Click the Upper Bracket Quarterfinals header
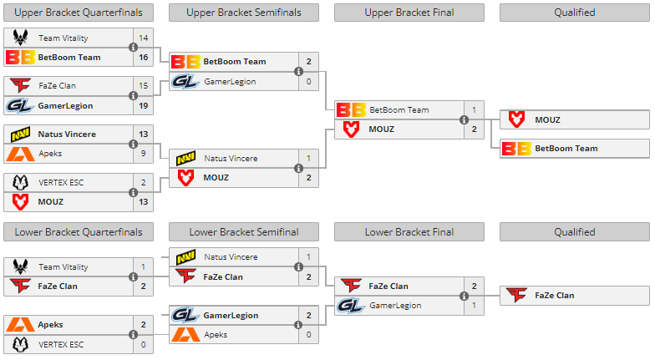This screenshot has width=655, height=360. point(79,13)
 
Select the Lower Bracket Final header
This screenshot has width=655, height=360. point(409,231)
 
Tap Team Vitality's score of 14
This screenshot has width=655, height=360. point(144,38)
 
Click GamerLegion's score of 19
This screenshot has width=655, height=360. point(144,106)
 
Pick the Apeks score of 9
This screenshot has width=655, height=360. point(144,154)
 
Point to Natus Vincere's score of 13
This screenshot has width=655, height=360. point(144,134)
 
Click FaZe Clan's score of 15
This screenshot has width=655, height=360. point(144,86)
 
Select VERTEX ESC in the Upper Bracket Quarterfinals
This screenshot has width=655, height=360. point(61,182)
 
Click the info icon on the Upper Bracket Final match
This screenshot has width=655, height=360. point(464,119)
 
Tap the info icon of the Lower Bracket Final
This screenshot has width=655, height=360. point(464,296)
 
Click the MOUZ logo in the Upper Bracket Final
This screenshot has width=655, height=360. point(351,129)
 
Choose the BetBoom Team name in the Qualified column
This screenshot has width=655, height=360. point(566,149)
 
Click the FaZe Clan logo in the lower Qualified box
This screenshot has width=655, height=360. point(517,295)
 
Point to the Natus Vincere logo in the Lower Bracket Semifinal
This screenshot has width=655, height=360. point(185,257)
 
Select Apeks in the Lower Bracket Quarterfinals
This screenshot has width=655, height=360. point(50,325)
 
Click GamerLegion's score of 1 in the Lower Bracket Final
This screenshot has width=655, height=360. point(474,306)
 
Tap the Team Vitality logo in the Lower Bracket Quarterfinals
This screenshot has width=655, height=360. point(21,267)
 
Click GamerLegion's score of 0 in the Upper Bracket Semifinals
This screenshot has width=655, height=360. point(308,82)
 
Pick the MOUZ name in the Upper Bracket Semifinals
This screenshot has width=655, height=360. point(216,178)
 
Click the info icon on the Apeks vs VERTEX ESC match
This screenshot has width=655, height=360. point(133,334)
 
